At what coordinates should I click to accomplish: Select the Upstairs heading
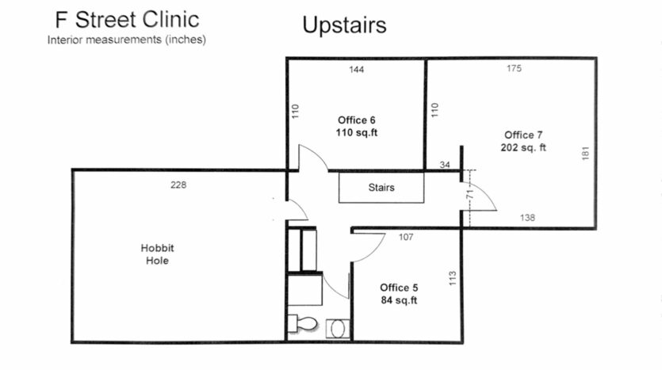click(344, 25)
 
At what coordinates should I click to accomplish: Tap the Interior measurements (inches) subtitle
click(127, 40)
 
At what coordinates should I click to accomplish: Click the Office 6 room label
click(357, 120)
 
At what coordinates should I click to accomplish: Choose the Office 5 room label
click(399, 287)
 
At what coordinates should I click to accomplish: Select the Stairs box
click(381, 188)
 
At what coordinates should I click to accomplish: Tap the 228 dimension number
click(178, 185)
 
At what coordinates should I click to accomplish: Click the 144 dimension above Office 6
click(357, 71)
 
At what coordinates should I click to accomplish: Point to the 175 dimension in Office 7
click(515, 69)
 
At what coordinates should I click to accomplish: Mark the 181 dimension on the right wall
click(585, 152)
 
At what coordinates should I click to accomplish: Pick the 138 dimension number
click(527, 217)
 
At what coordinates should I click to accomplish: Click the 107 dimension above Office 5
click(407, 237)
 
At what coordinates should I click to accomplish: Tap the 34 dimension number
click(443, 165)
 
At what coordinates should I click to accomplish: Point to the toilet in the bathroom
click(302, 323)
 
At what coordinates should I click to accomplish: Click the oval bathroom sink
click(337, 326)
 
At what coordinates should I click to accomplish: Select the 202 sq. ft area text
click(523, 147)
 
